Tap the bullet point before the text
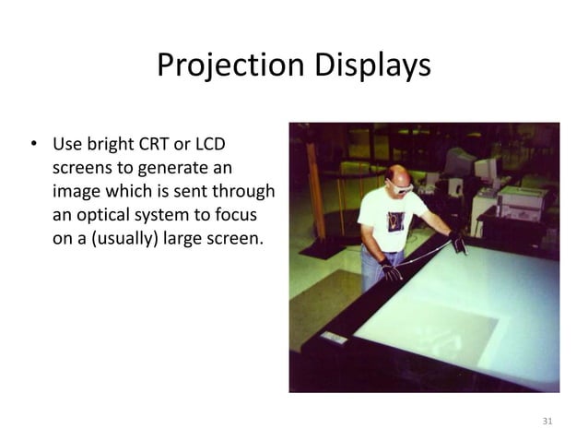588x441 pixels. coord(34,145)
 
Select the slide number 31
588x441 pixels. coord(547,422)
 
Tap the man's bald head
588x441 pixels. coord(394,174)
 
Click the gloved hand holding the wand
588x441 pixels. coord(457,242)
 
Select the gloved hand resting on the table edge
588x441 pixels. coord(392,271)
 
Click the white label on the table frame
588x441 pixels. coord(333,338)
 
